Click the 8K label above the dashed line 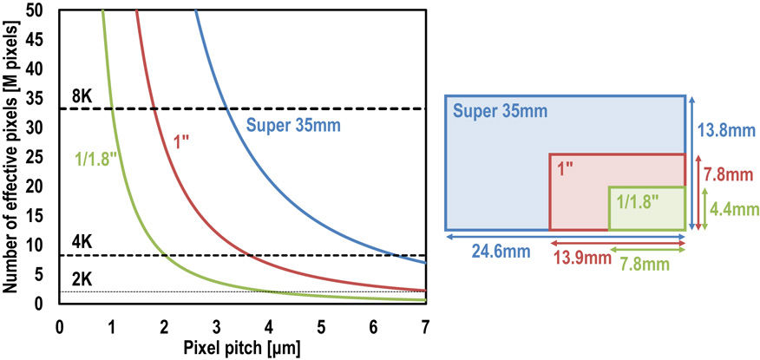point(81,96)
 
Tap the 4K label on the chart point(81,244)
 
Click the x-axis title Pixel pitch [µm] point(241,349)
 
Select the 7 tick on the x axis point(425,327)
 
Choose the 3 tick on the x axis point(216,327)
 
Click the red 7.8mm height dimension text point(730,176)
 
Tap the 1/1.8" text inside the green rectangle point(639,200)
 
